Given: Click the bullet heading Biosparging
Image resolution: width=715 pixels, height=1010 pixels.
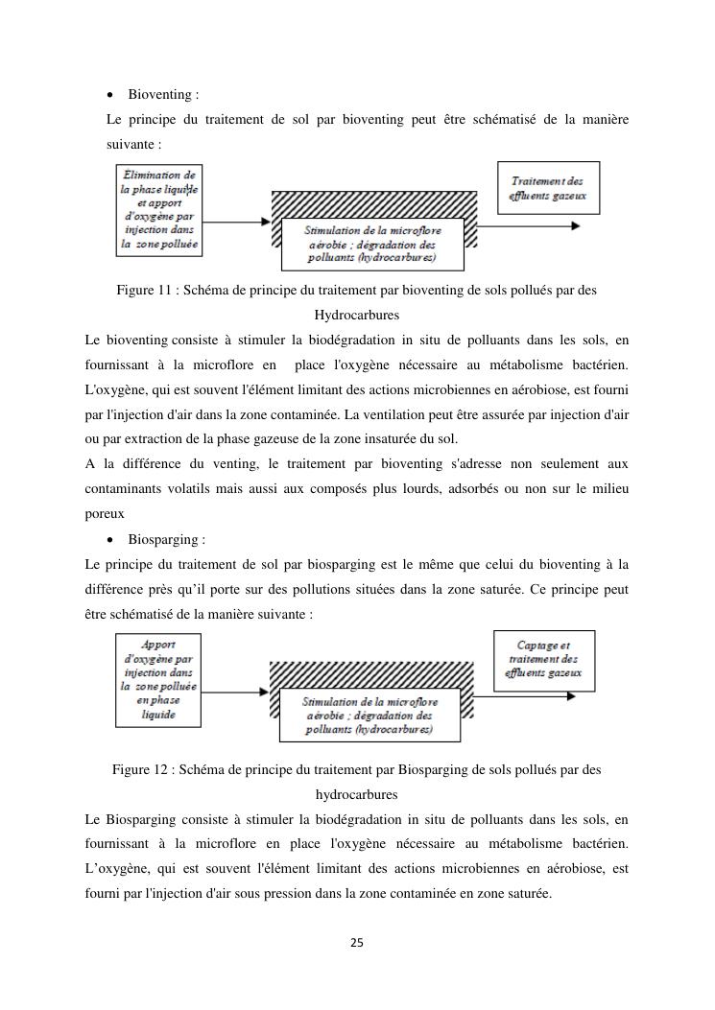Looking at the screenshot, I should click(164, 540).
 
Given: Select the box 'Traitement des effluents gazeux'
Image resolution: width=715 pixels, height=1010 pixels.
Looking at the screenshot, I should click(548, 188).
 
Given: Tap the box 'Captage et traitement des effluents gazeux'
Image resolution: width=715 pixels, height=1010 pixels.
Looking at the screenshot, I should click(543, 661).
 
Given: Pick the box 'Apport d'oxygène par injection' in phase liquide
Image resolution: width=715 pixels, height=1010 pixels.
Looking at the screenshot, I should click(158, 680).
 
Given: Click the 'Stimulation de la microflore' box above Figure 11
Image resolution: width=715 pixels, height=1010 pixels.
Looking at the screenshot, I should click(371, 244).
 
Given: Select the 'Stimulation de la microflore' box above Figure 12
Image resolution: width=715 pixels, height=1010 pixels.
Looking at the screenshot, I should click(369, 716).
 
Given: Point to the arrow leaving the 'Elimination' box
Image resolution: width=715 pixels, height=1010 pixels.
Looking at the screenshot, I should click(238, 223).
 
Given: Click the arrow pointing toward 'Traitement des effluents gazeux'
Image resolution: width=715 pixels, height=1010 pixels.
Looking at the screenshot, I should click(528, 225).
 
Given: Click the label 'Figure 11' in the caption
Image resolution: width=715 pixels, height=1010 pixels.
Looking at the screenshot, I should click(144, 290).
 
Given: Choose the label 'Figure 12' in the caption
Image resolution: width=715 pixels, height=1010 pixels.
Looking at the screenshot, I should click(140, 769).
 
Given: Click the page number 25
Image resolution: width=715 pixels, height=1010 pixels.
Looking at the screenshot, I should click(357, 943).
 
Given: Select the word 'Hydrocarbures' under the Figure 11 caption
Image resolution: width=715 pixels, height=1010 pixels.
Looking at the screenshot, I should click(357, 315).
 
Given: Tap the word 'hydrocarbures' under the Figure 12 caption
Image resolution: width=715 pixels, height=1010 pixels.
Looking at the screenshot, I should click(357, 794).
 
